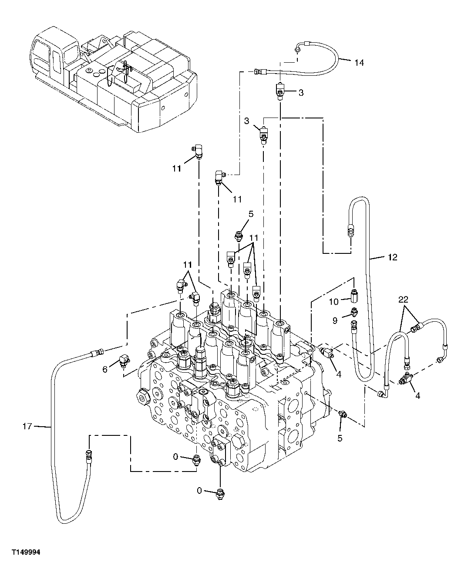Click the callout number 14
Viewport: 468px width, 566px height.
click(x=359, y=63)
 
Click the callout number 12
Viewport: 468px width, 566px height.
click(x=392, y=257)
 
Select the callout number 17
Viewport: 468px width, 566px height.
click(x=27, y=426)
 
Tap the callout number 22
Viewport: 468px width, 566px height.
click(x=403, y=299)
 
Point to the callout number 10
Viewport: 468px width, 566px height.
click(x=333, y=301)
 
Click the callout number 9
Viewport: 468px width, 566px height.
click(x=334, y=321)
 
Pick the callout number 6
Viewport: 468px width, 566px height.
click(x=105, y=370)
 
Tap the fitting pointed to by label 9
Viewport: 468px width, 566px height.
click(x=354, y=313)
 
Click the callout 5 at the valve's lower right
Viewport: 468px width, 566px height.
click(x=340, y=438)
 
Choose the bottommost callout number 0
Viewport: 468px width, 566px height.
click(x=199, y=491)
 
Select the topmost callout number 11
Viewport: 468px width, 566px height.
click(x=176, y=168)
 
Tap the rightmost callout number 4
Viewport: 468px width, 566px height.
click(x=417, y=396)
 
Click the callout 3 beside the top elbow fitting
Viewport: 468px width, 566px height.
click(x=300, y=93)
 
